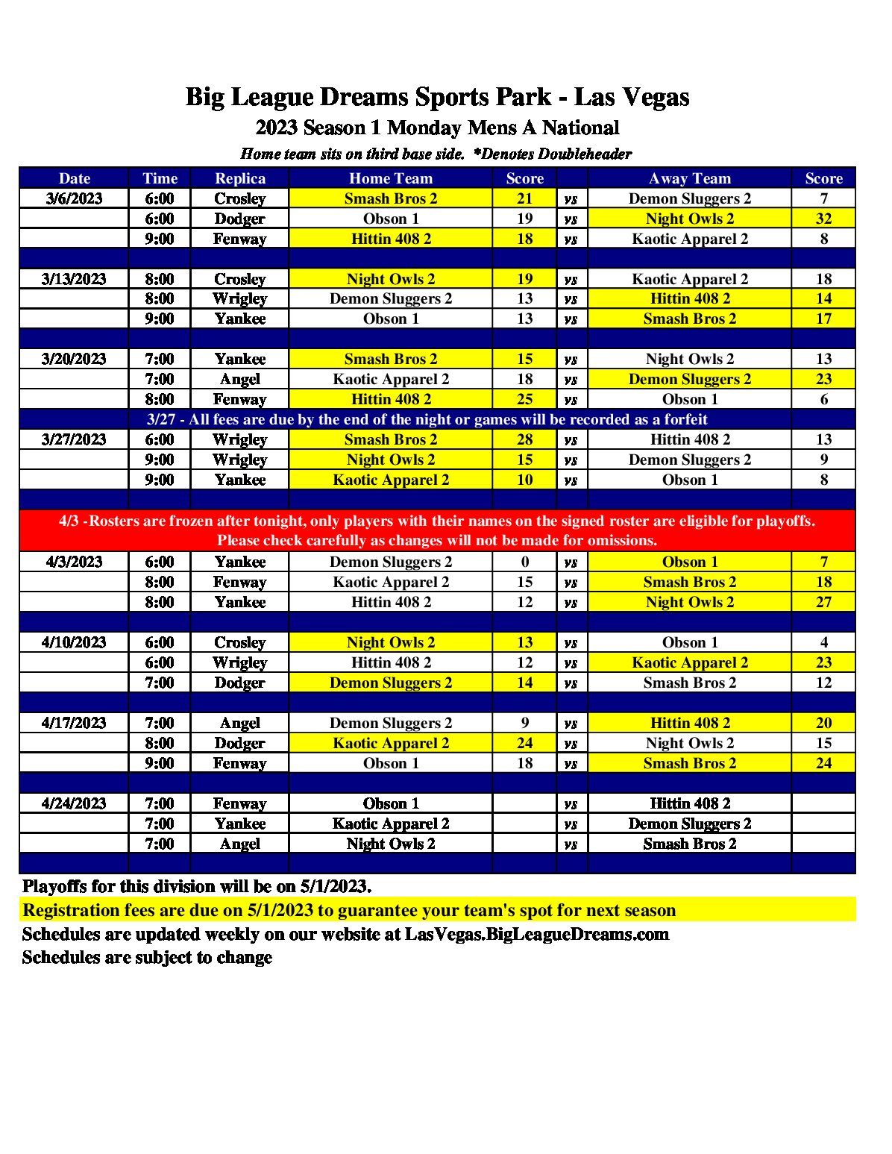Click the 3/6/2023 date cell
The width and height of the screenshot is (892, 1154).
point(74,198)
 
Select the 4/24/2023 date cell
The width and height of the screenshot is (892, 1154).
point(74,803)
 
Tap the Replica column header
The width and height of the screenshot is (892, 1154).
point(239,178)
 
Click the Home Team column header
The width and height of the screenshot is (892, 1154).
point(391,178)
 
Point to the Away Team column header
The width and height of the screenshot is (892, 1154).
point(690,178)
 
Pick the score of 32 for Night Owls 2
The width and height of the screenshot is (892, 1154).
point(823,219)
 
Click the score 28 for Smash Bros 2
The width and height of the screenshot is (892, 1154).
point(525,439)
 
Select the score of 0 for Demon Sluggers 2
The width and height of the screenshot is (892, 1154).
point(525,562)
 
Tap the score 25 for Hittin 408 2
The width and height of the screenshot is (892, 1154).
point(525,399)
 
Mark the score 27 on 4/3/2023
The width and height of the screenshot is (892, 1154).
point(823,602)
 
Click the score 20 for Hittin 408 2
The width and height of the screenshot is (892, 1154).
point(823,723)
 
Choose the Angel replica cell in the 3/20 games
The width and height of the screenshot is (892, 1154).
point(239,379)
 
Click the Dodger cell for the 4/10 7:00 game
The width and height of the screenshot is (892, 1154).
point(239,683)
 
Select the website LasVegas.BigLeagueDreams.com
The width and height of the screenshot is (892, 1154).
point(536,935)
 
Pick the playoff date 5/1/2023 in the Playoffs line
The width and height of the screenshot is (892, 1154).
point(334,887)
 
